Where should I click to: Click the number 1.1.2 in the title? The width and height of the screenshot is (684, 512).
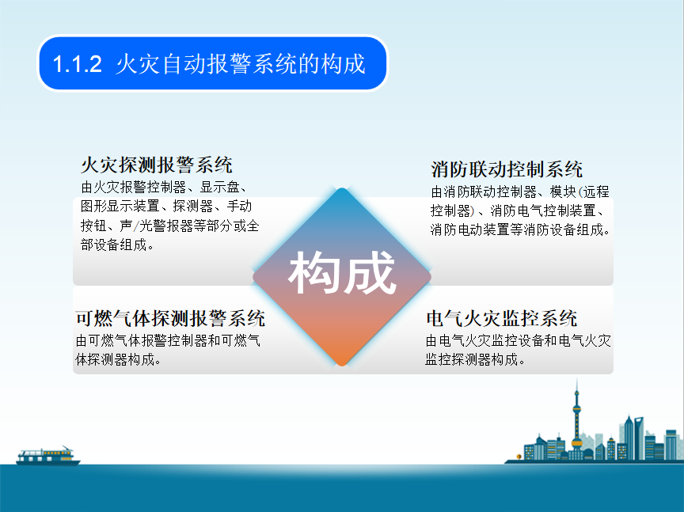tap(78, 63)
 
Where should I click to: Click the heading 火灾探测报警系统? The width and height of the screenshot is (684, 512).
tap(157, 165)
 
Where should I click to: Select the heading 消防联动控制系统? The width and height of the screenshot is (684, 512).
tap(507, 169)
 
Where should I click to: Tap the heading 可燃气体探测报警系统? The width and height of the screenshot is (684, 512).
tap(170, 318)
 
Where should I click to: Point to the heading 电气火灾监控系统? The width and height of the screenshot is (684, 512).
tap(502, 318)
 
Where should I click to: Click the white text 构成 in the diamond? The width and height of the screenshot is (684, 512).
tap(342, 272)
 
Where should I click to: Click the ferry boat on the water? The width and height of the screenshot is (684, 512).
tap(47, 456)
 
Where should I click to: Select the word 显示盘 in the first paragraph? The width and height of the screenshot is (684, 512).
tap(219, 187)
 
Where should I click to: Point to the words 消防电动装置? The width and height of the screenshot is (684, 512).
tap(469, 229)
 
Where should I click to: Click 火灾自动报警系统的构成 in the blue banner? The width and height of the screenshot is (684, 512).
tap(241, 63)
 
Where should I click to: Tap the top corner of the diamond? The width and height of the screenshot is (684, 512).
tap(342, 188)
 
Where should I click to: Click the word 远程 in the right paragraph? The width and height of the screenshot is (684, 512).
tap(596, 192)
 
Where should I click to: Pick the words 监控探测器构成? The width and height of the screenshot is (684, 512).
tap(472, 359)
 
